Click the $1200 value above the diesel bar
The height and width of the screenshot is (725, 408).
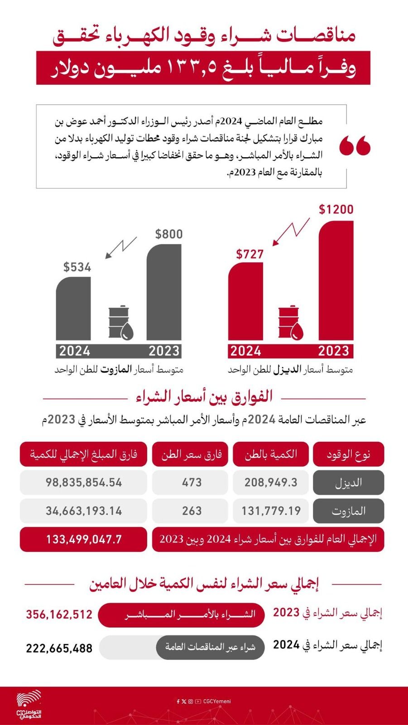[x=336, y=209]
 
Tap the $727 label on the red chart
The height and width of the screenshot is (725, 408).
[x=250, y=254]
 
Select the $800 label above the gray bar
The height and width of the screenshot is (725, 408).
[x=169, y=234]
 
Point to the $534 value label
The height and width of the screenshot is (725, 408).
[x=77, y=267]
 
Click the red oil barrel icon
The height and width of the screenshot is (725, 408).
[x=290, y=322]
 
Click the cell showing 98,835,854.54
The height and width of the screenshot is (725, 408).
[x=84, y=482]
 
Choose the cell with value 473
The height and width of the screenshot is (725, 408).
[x=192, y=482]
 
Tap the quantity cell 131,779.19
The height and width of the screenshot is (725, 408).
[x=271, y=511]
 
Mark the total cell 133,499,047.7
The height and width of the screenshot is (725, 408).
[x=84, y=539]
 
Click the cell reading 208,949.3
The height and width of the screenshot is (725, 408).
[x=271, y=482]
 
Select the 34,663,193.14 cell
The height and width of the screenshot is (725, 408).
[x=84, y=511]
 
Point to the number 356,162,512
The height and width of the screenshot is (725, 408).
[x=59, y=614]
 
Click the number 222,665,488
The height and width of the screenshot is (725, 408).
[x=59, y=648]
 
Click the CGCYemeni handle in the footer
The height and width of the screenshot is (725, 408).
[x=217, y=701]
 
